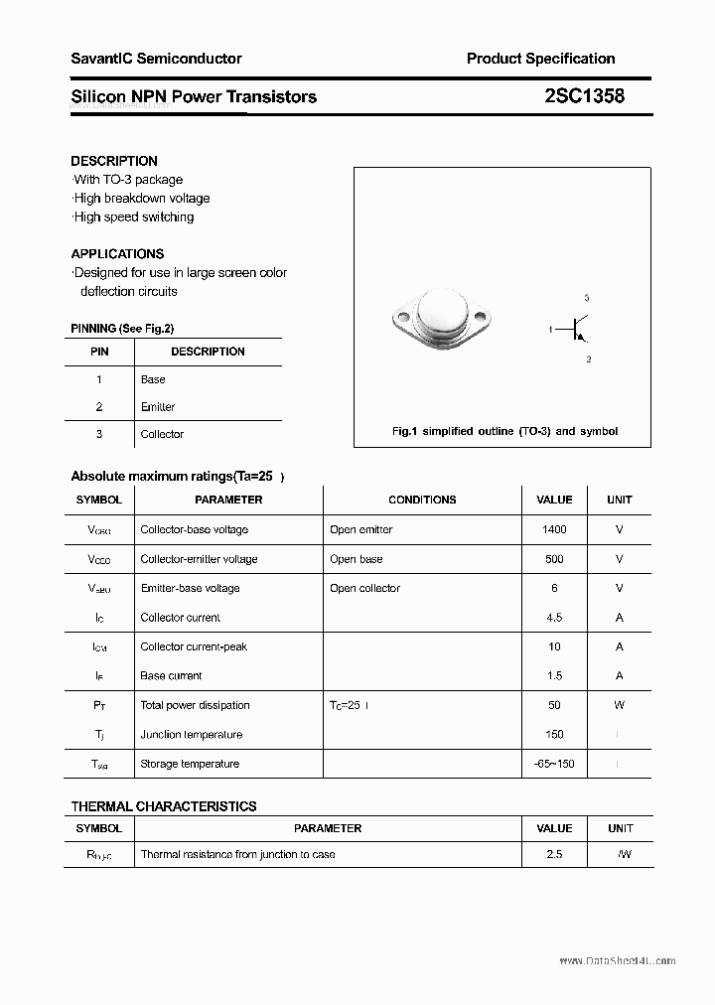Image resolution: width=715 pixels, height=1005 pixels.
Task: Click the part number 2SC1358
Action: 584,96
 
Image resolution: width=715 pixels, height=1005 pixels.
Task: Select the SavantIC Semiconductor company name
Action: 156,59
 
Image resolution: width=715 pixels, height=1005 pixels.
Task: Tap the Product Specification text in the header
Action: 540,59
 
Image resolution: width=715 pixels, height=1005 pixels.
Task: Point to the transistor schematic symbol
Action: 574,329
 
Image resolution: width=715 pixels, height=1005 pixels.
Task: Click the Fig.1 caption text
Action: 504,431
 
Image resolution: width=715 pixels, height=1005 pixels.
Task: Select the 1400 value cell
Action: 554,529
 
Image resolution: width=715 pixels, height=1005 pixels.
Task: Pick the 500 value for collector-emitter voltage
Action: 554,559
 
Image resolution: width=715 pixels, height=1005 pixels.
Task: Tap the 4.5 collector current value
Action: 554,617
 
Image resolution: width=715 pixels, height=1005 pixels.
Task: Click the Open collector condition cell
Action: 364,588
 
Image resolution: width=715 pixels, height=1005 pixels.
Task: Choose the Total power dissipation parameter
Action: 195,705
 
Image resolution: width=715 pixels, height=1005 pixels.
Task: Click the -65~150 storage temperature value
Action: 554,764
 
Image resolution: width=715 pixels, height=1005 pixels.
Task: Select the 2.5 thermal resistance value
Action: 554,854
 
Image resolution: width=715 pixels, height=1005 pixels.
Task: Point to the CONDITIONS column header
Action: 422,500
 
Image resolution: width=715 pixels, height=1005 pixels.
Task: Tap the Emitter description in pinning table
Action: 158,406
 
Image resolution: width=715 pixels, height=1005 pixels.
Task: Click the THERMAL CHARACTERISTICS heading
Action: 164,806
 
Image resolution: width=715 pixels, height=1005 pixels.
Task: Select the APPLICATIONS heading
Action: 117,253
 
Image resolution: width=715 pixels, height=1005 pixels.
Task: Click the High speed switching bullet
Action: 133,216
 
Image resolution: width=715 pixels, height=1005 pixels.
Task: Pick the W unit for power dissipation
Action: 619,705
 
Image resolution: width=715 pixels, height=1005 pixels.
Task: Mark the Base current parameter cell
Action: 171,675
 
